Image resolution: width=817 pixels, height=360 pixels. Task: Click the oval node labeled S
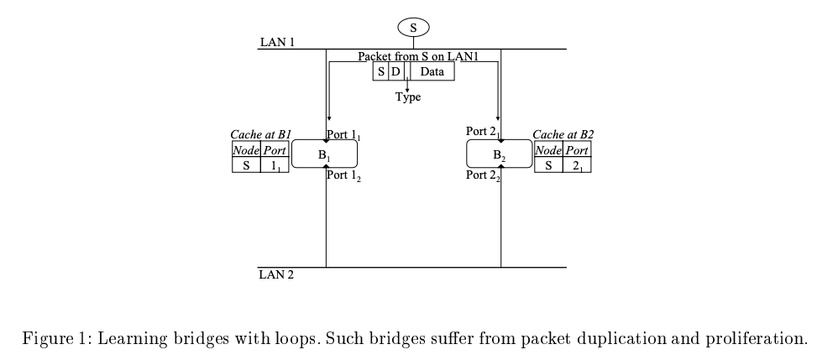(412, 28)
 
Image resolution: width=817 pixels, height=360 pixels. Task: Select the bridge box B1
(325, 154)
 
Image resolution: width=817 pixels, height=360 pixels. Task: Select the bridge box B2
(499, 155)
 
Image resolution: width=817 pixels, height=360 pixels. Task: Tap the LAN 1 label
(277, 43)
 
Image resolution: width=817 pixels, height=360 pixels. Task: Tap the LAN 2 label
(277, 274)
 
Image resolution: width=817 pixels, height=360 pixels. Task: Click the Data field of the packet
(432, 72)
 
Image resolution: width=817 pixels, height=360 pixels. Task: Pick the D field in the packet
(395, 72)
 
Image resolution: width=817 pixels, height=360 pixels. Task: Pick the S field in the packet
(380, 72)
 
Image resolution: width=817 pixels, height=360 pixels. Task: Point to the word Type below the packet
(408, 97)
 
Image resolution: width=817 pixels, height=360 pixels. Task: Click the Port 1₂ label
(344, 176)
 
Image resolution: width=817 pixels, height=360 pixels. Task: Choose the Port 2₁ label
(483, 132)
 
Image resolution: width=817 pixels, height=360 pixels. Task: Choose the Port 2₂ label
(483, 175)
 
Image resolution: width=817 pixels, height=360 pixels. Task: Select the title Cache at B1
(260, 134)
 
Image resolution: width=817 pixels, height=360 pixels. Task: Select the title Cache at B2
(563, 134)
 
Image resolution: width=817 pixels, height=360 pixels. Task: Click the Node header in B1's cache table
(246, 150)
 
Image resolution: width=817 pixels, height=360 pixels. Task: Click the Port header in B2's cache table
(576, 150)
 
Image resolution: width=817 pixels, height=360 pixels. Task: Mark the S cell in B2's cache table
(548, 165)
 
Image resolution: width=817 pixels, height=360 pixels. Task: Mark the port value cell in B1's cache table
(275, 165)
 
